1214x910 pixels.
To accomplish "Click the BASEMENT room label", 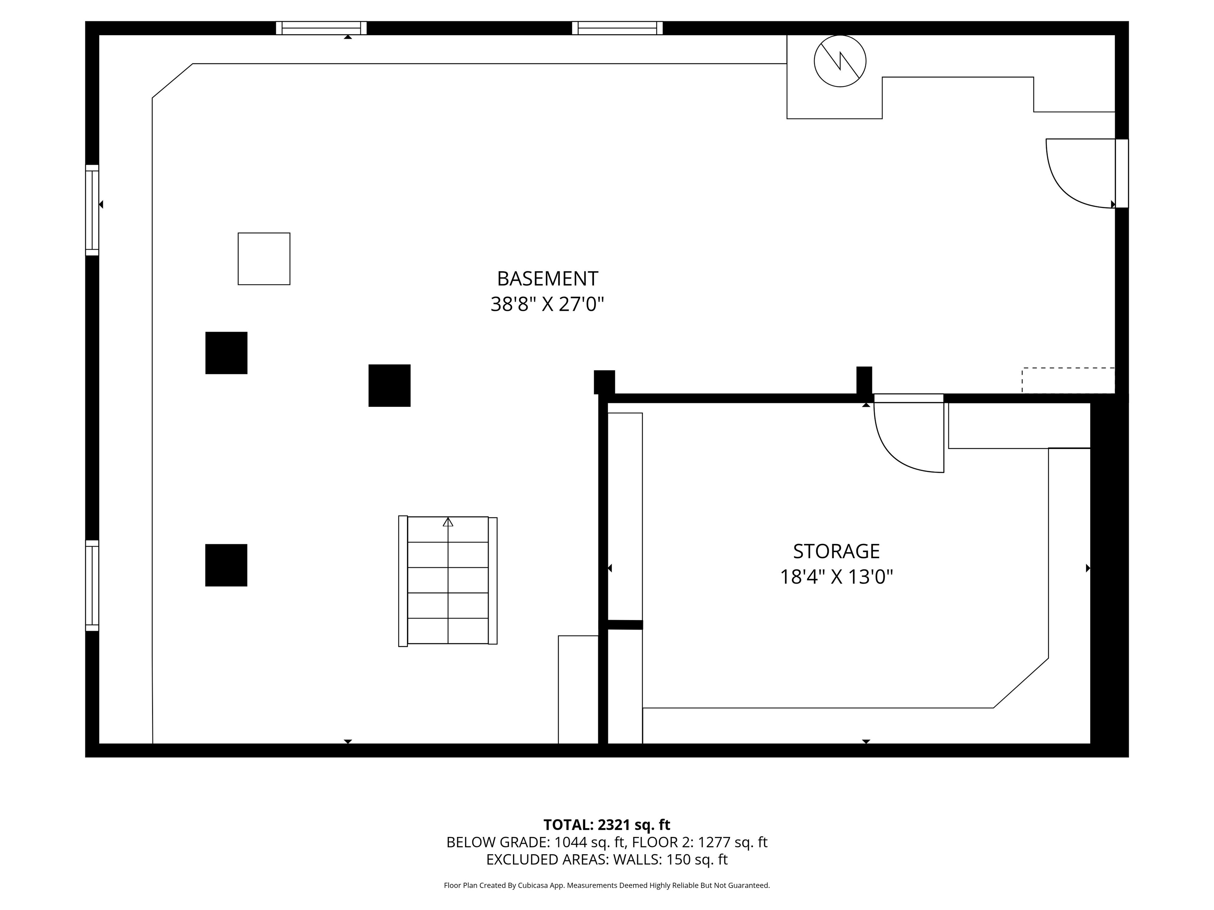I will pyautogui.click(x=547, y=279).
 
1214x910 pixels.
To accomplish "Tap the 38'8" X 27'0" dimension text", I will pyautogui.click(x=547, y=305).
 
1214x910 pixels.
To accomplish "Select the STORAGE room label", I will pyautogui.click(x=836, y=551).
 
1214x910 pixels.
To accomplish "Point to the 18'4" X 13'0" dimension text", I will pyautogui.click(x=836, y=577).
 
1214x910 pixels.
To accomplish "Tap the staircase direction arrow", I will pyautogui.click(x=448, y=522).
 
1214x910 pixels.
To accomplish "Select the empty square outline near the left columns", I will pyautogui.click(x=264, y=259).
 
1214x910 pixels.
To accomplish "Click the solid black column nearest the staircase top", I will pyautogui.click(x=389, y=385).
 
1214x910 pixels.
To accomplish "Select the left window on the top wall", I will pyautogui.click(x=321, y=28).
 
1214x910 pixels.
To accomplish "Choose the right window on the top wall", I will pyautogui.click(x=617, y=28).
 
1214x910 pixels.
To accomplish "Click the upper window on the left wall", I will pyautogui.click(x=92, y=210).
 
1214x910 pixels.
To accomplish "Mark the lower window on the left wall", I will pyautogui.click(x=92, y=585).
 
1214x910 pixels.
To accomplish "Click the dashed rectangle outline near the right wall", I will pyautogui.click(x=1067, y=380).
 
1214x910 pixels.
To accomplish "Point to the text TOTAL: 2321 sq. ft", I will pyautogui.click(x=607, y=825).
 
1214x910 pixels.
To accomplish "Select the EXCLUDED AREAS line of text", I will pyautogui.click(x=607, y=859).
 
